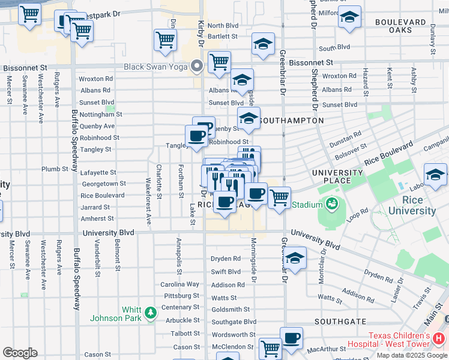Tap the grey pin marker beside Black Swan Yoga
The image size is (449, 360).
click(196, 66)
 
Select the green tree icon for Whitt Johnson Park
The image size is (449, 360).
click(150, 313)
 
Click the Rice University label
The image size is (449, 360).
click(412, 205)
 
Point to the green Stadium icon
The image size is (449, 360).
click(331, 205)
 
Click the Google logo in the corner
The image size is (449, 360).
click(20, 353)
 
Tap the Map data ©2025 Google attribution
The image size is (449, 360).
click(412, 355)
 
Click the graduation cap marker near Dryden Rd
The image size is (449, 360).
click(295, 258)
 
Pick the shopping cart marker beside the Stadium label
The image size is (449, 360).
click(279, 197)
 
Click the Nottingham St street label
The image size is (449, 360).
click(100, 114)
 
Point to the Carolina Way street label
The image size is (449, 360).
click(179, 284)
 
